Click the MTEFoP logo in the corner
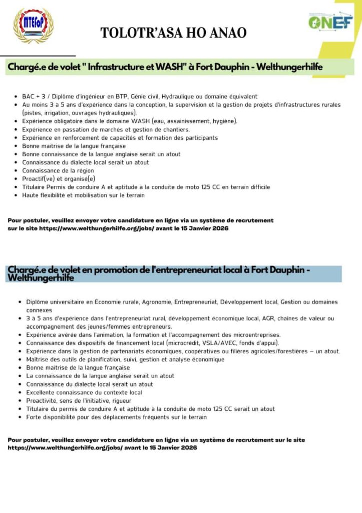click(x=33, y=25)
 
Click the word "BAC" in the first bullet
click(x=28, y=96)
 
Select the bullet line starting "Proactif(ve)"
click(x=59, y=179)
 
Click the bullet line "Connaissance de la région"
click(x=58, y=171)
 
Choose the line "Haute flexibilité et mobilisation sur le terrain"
click(x=84, y=195)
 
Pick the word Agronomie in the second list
click(x=159, y=302)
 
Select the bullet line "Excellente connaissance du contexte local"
click(x=84, y=392)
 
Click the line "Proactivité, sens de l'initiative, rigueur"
click(x=79, y=401)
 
